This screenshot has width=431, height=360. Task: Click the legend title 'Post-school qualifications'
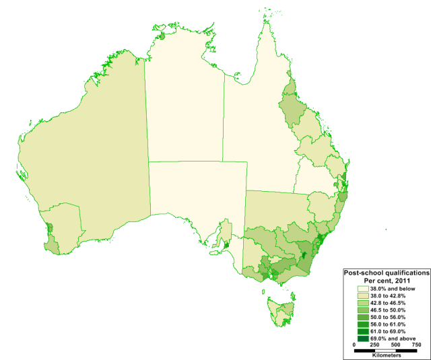[x=387, y=273]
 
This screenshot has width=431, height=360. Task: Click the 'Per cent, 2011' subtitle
[x=387, y=281]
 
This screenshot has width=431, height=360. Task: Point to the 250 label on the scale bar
[x=376, y=345]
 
